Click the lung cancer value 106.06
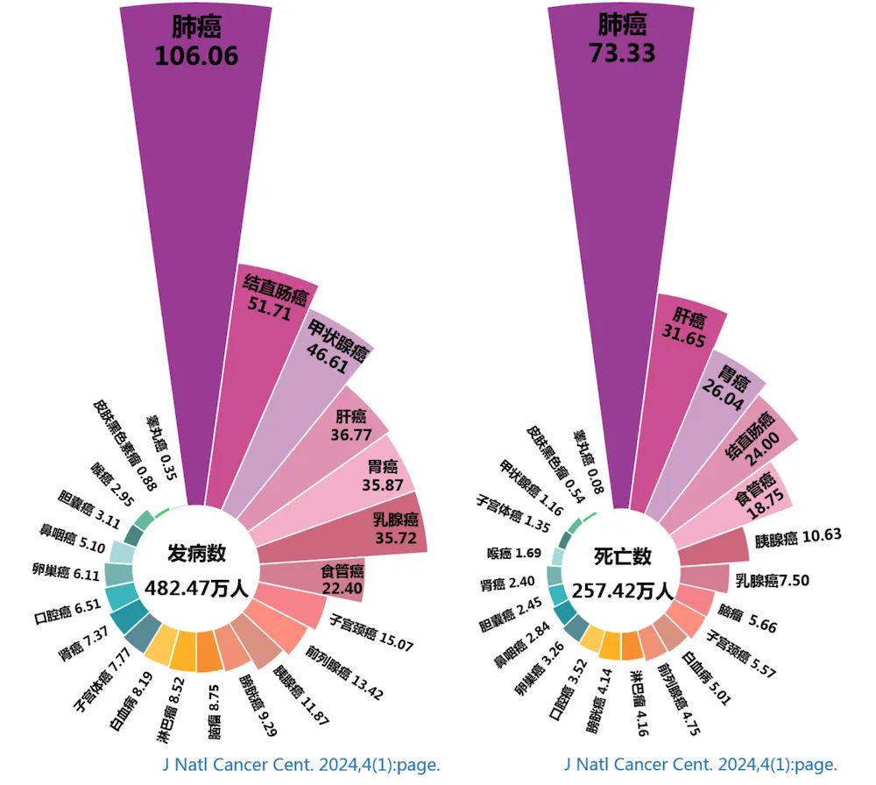(196, 56)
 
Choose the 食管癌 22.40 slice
(341, 579)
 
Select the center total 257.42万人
(623, 590)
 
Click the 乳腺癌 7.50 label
(772, 580)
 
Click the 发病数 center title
(197, 554)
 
